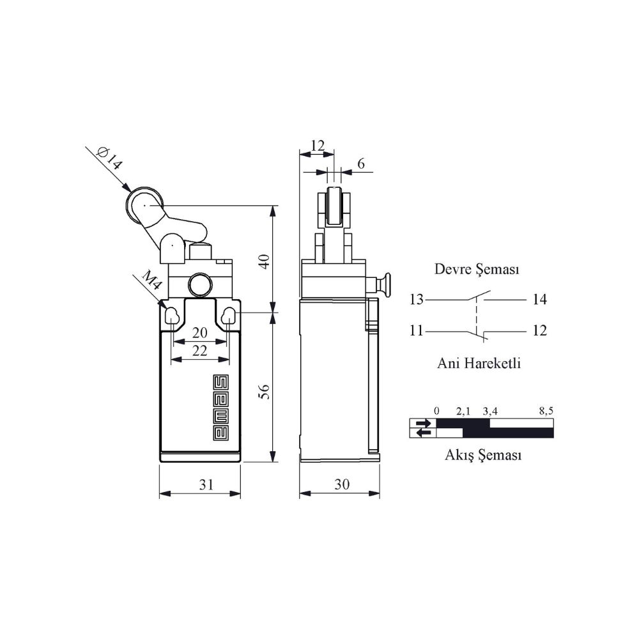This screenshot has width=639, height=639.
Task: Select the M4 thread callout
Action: tap(152, 280)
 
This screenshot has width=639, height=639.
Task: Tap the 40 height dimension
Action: tap(265, 261)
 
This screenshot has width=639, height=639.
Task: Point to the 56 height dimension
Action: tap(265, 392)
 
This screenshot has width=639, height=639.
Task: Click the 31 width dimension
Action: tap(206, 484)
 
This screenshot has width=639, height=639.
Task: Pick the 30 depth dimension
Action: tap(342, 484)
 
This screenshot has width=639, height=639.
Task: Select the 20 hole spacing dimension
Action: tap(199, 332)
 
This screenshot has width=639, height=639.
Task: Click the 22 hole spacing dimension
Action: tap(199, 350)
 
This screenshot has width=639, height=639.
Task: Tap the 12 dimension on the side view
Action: tap(318, 145)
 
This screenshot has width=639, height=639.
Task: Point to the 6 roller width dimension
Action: tap(360, 164)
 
